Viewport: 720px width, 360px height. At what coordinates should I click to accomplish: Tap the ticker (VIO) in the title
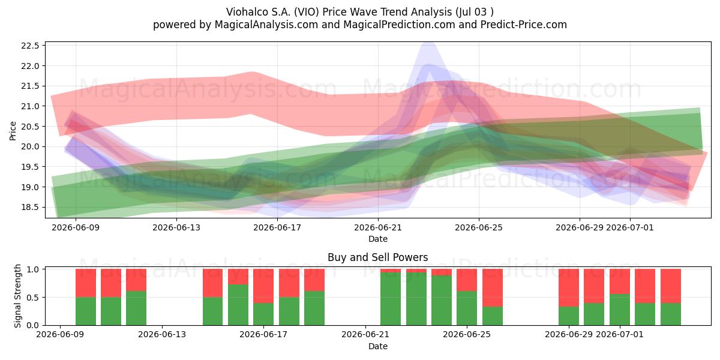tap(307, 12)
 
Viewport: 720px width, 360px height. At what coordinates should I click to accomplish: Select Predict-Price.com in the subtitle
tap(524, 25)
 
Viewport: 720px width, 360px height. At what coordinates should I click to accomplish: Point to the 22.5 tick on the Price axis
tap(30, 46)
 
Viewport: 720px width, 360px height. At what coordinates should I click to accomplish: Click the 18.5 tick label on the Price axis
tap(30, 208)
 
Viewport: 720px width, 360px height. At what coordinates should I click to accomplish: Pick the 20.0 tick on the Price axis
tap(30, 146)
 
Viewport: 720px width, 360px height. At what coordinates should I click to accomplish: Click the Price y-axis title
tap(13, 131)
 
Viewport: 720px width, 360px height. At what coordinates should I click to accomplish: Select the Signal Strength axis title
tap(17, 296)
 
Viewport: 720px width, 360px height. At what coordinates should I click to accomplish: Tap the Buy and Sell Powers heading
tap(377, 257)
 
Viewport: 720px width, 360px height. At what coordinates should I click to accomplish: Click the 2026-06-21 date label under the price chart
tap(378, 228)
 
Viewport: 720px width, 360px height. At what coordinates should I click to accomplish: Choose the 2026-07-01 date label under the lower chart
tap(620, 335)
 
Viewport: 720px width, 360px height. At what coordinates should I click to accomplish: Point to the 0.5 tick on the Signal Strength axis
tap(33, 298)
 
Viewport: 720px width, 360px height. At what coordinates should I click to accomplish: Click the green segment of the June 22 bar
tap(391, 299)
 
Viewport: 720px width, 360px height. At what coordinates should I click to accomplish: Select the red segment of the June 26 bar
tap(493, 287)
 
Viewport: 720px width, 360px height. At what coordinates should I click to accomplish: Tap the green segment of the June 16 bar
tap(238, 305)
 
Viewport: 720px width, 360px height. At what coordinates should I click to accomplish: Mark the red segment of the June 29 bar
tap(569, 287)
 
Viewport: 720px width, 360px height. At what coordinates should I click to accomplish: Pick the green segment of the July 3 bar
tap(671, 314)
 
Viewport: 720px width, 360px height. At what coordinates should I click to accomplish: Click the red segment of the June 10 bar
tap(86, 283)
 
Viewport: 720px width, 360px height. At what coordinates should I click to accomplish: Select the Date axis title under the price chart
tap(378, 239)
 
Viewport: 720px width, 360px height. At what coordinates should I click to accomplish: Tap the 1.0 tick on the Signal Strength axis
tap(33, 269)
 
